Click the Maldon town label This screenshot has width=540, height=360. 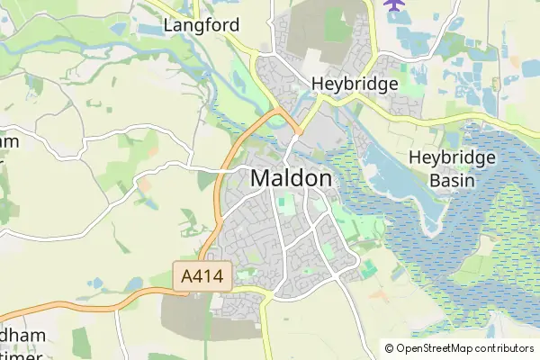click(x=291, y=178)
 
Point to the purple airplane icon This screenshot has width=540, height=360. click(x=394, y=4)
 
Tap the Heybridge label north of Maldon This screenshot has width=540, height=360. click(x=355, y=84)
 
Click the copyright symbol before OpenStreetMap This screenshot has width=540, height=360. click(x=389, y=348)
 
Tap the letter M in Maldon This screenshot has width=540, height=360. click(x=260, y=178)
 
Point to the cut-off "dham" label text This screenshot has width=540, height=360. click(x=23, y=336)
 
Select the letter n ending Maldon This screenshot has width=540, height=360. click(x=324, y=178)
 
